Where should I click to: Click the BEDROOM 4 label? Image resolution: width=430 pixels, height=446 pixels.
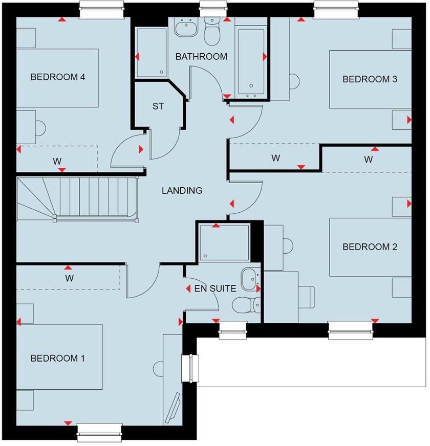tap(57, 77)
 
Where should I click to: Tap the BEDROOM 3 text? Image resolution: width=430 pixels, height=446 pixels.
tap(370, 79)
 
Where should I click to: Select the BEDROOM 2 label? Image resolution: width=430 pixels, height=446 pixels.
tap(370, 247)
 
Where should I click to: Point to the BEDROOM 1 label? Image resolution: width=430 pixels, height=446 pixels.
tap(57, 358)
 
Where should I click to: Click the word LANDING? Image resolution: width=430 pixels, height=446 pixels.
tap(182, 191)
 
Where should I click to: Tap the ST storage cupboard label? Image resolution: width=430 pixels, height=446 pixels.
tap(158, 106)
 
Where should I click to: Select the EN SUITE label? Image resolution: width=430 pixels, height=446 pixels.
tap(215, 289)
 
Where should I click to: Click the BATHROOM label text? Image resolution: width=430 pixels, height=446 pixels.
tap(201, 57)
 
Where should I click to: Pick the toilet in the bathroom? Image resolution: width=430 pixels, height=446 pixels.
tap(211, 32)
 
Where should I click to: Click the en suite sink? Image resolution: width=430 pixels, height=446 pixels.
tap(251, 278)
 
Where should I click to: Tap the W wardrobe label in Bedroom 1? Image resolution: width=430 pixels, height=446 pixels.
tap(70, 279)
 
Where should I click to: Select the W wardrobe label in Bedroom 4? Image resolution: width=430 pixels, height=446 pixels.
tap(57, 161)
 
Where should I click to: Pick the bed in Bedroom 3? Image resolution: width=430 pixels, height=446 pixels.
tap(370, 79)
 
